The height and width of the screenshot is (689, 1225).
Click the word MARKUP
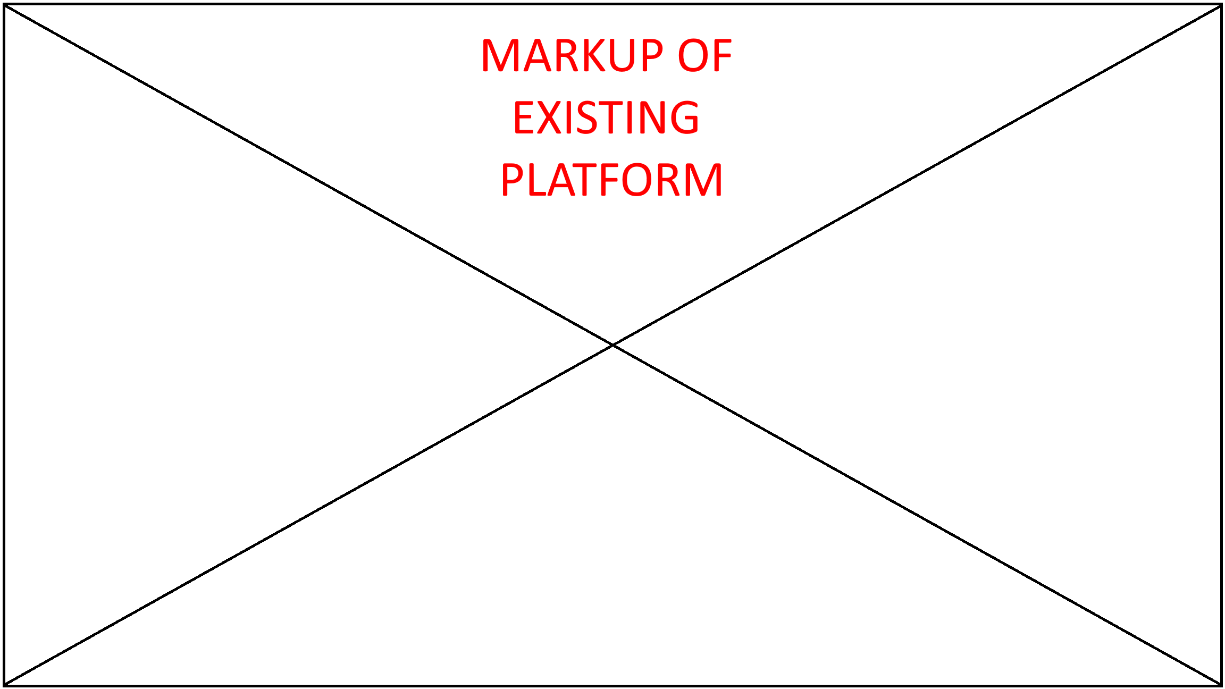coord(572,55)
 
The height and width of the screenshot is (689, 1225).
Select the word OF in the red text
coord(705,55)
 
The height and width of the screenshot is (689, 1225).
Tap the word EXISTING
coord(606,117)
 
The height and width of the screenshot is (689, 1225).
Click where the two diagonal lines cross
coord(612,345)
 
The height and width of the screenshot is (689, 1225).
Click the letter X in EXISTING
coord(550,117)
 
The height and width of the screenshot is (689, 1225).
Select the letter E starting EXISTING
coord(523,117)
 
